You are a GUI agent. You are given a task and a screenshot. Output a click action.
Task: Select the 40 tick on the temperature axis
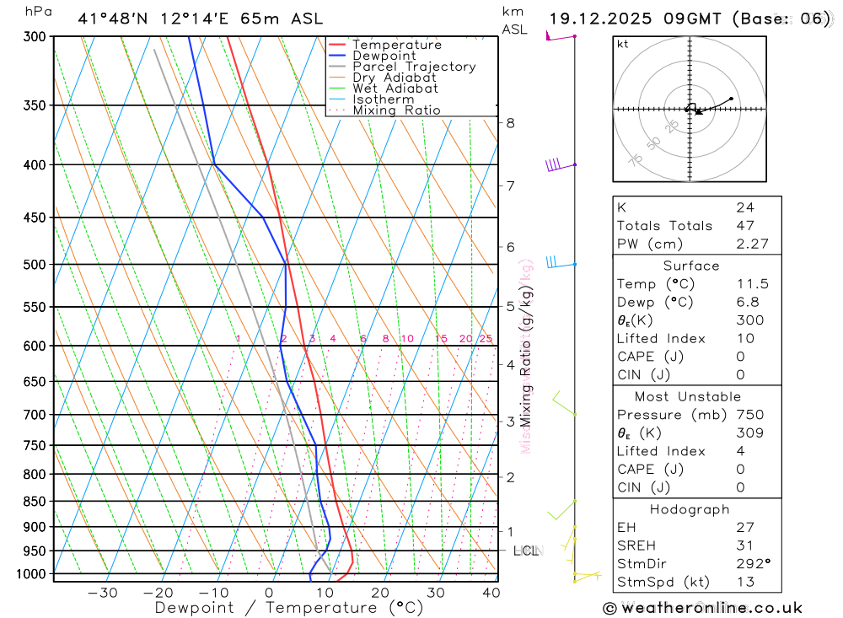click(490, 593)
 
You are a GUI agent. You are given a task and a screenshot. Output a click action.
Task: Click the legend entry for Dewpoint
click(384, 56)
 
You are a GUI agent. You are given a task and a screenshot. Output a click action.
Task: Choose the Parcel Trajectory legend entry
click(414, 67)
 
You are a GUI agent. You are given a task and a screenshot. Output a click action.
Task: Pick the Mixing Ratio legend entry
click(396, 110)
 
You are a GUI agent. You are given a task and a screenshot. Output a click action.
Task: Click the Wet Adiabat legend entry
click(395, 89)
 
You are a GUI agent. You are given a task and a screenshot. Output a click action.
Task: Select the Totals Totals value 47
click(745, 226)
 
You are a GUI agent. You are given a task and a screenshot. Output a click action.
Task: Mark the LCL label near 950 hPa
click(526, 551)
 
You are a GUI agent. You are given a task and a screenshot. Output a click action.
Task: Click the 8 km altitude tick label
click(510, 123)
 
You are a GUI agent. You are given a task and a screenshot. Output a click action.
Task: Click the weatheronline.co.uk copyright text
click(703, 608)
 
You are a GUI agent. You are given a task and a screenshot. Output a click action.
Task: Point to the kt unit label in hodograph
click(622, 45)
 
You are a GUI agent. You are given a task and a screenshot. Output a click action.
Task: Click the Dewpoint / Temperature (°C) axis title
click(288, 608)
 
